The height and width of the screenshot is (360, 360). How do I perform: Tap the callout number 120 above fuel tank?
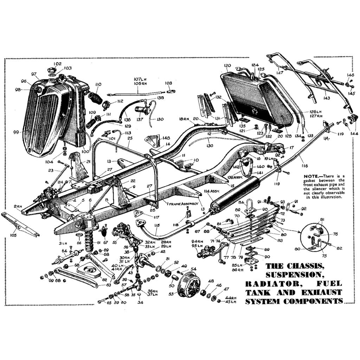[227, 66]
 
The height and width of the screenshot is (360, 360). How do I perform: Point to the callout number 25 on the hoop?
[130, 139]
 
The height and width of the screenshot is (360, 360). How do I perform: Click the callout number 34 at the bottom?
[140, 302]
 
